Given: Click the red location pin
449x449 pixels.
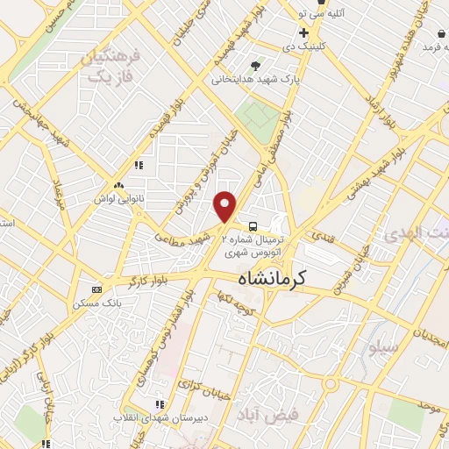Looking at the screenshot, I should coord(226,206).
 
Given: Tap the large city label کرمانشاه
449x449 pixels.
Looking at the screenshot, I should coord(283,279).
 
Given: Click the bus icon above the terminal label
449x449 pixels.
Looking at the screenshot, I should coord(253,224).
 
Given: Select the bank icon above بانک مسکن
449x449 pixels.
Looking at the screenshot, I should coord(96,289).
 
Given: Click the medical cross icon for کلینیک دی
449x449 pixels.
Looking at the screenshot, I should coord(303,32).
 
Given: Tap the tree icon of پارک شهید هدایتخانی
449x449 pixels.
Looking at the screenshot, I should coord(255,66).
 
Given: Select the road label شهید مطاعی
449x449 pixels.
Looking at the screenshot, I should coord(185,232).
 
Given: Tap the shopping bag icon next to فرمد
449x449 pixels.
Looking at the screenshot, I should coord(441,33).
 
